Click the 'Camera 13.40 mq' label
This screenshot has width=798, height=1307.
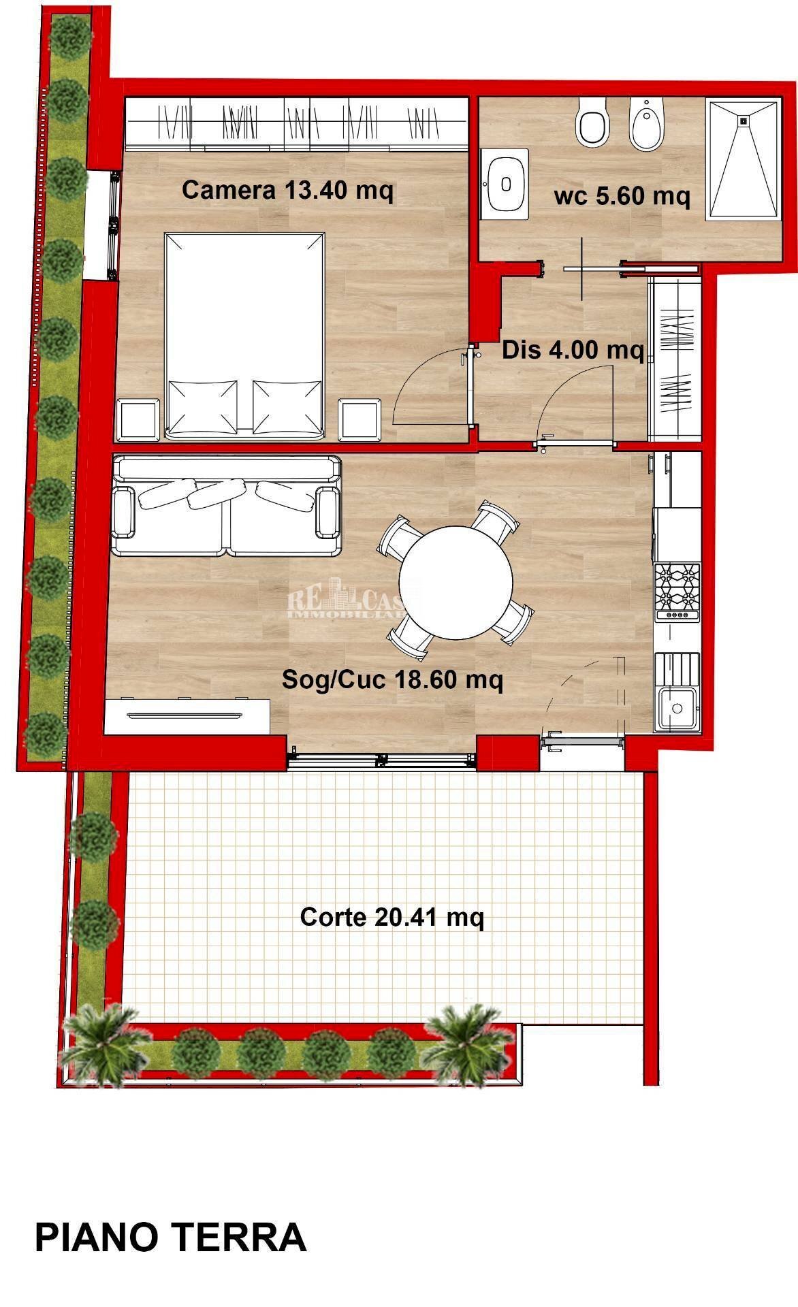point(287,191)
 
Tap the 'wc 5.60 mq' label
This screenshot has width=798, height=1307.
point(622,197)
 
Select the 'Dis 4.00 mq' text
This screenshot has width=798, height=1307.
point(573,351)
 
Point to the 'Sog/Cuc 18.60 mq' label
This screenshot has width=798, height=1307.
point(392,679)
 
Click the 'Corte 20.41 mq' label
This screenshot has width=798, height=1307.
point(392,918)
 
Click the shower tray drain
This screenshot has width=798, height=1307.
point(743,120)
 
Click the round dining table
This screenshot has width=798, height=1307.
point(456,582)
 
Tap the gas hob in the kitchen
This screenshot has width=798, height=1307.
point(677,590)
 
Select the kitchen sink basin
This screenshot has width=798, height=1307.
point(677,708)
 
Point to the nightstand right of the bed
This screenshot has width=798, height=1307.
point(359,419)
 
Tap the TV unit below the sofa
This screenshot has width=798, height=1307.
point(187,715)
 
